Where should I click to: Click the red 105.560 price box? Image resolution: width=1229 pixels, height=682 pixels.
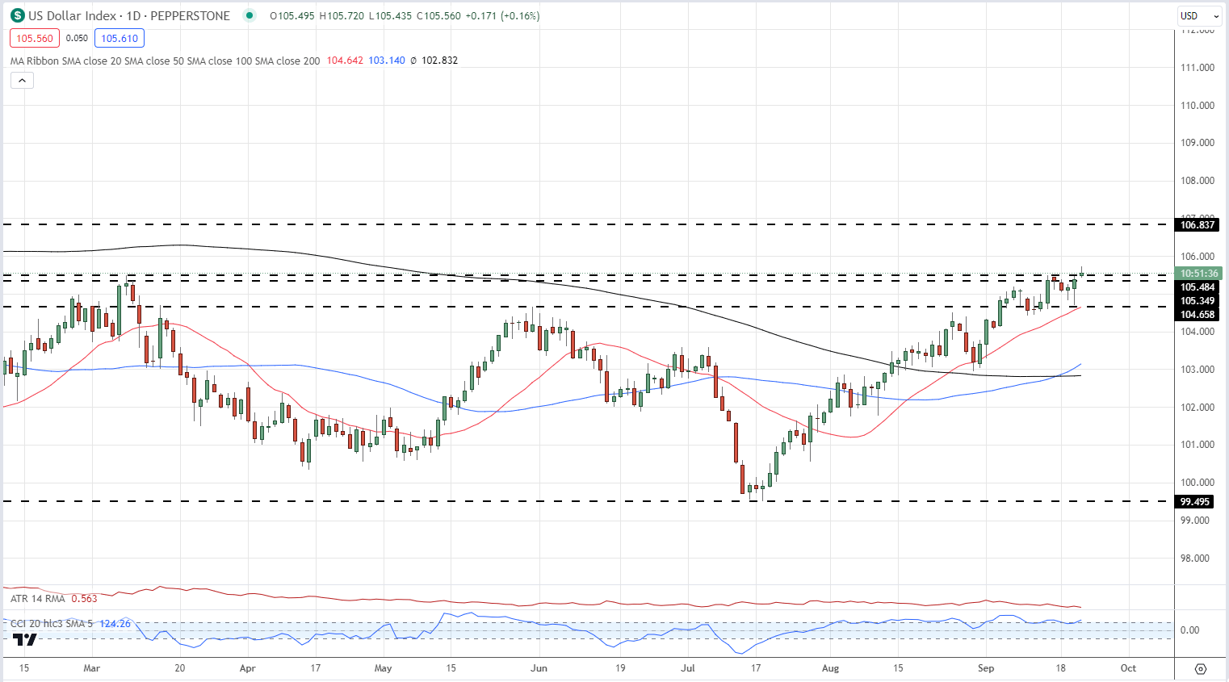[x=35, y=38]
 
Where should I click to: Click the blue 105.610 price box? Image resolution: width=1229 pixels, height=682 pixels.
[x=120, y=38]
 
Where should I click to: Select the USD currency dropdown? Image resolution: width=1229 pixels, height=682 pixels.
[x=1199, y=15]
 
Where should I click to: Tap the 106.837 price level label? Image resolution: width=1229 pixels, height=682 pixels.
[x=1197, y=224]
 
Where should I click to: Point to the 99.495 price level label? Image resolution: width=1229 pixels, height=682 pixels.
[x=1195, y=502]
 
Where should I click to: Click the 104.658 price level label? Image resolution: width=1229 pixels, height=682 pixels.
[x=1197, y=315]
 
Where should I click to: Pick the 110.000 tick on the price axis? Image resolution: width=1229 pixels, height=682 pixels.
[x=1198, y=106]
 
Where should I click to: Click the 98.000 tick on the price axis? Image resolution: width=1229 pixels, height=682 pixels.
[x=1198, y=559]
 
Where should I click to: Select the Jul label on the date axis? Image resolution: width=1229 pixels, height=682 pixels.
[x=688, y=668]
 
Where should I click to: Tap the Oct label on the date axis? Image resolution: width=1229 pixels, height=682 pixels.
[x=1128, y=668]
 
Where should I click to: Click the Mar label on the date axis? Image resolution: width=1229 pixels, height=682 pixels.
[x=92, y=668]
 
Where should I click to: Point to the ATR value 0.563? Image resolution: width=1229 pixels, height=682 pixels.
[x=84, y=599]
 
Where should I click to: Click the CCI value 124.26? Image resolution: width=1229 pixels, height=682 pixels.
[x=115, y=624]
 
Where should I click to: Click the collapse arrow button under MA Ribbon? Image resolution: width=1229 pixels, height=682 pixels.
[x=22, y=80]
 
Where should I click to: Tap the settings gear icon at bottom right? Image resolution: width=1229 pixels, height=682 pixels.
[x=1201, y=669]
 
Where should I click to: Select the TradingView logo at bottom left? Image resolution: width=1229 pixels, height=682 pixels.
[x=25, y=640]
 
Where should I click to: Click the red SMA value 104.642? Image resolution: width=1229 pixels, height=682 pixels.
[x=345, y=61]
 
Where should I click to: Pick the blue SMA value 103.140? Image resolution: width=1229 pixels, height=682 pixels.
[x=387, y=61]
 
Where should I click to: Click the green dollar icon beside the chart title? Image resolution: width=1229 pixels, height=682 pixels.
[x=17, y=15]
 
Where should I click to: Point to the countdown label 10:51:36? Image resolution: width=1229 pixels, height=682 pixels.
[x=1198, y=274]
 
